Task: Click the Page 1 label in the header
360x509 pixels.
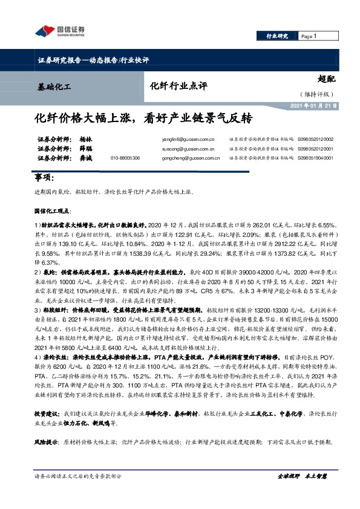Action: pyautogui.click(x=310, y=36)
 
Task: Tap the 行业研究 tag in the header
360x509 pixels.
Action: pyautogui.click(x=278, y=36)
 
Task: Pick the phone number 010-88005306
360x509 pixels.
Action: pyautogui.click(x=125, y=158)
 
